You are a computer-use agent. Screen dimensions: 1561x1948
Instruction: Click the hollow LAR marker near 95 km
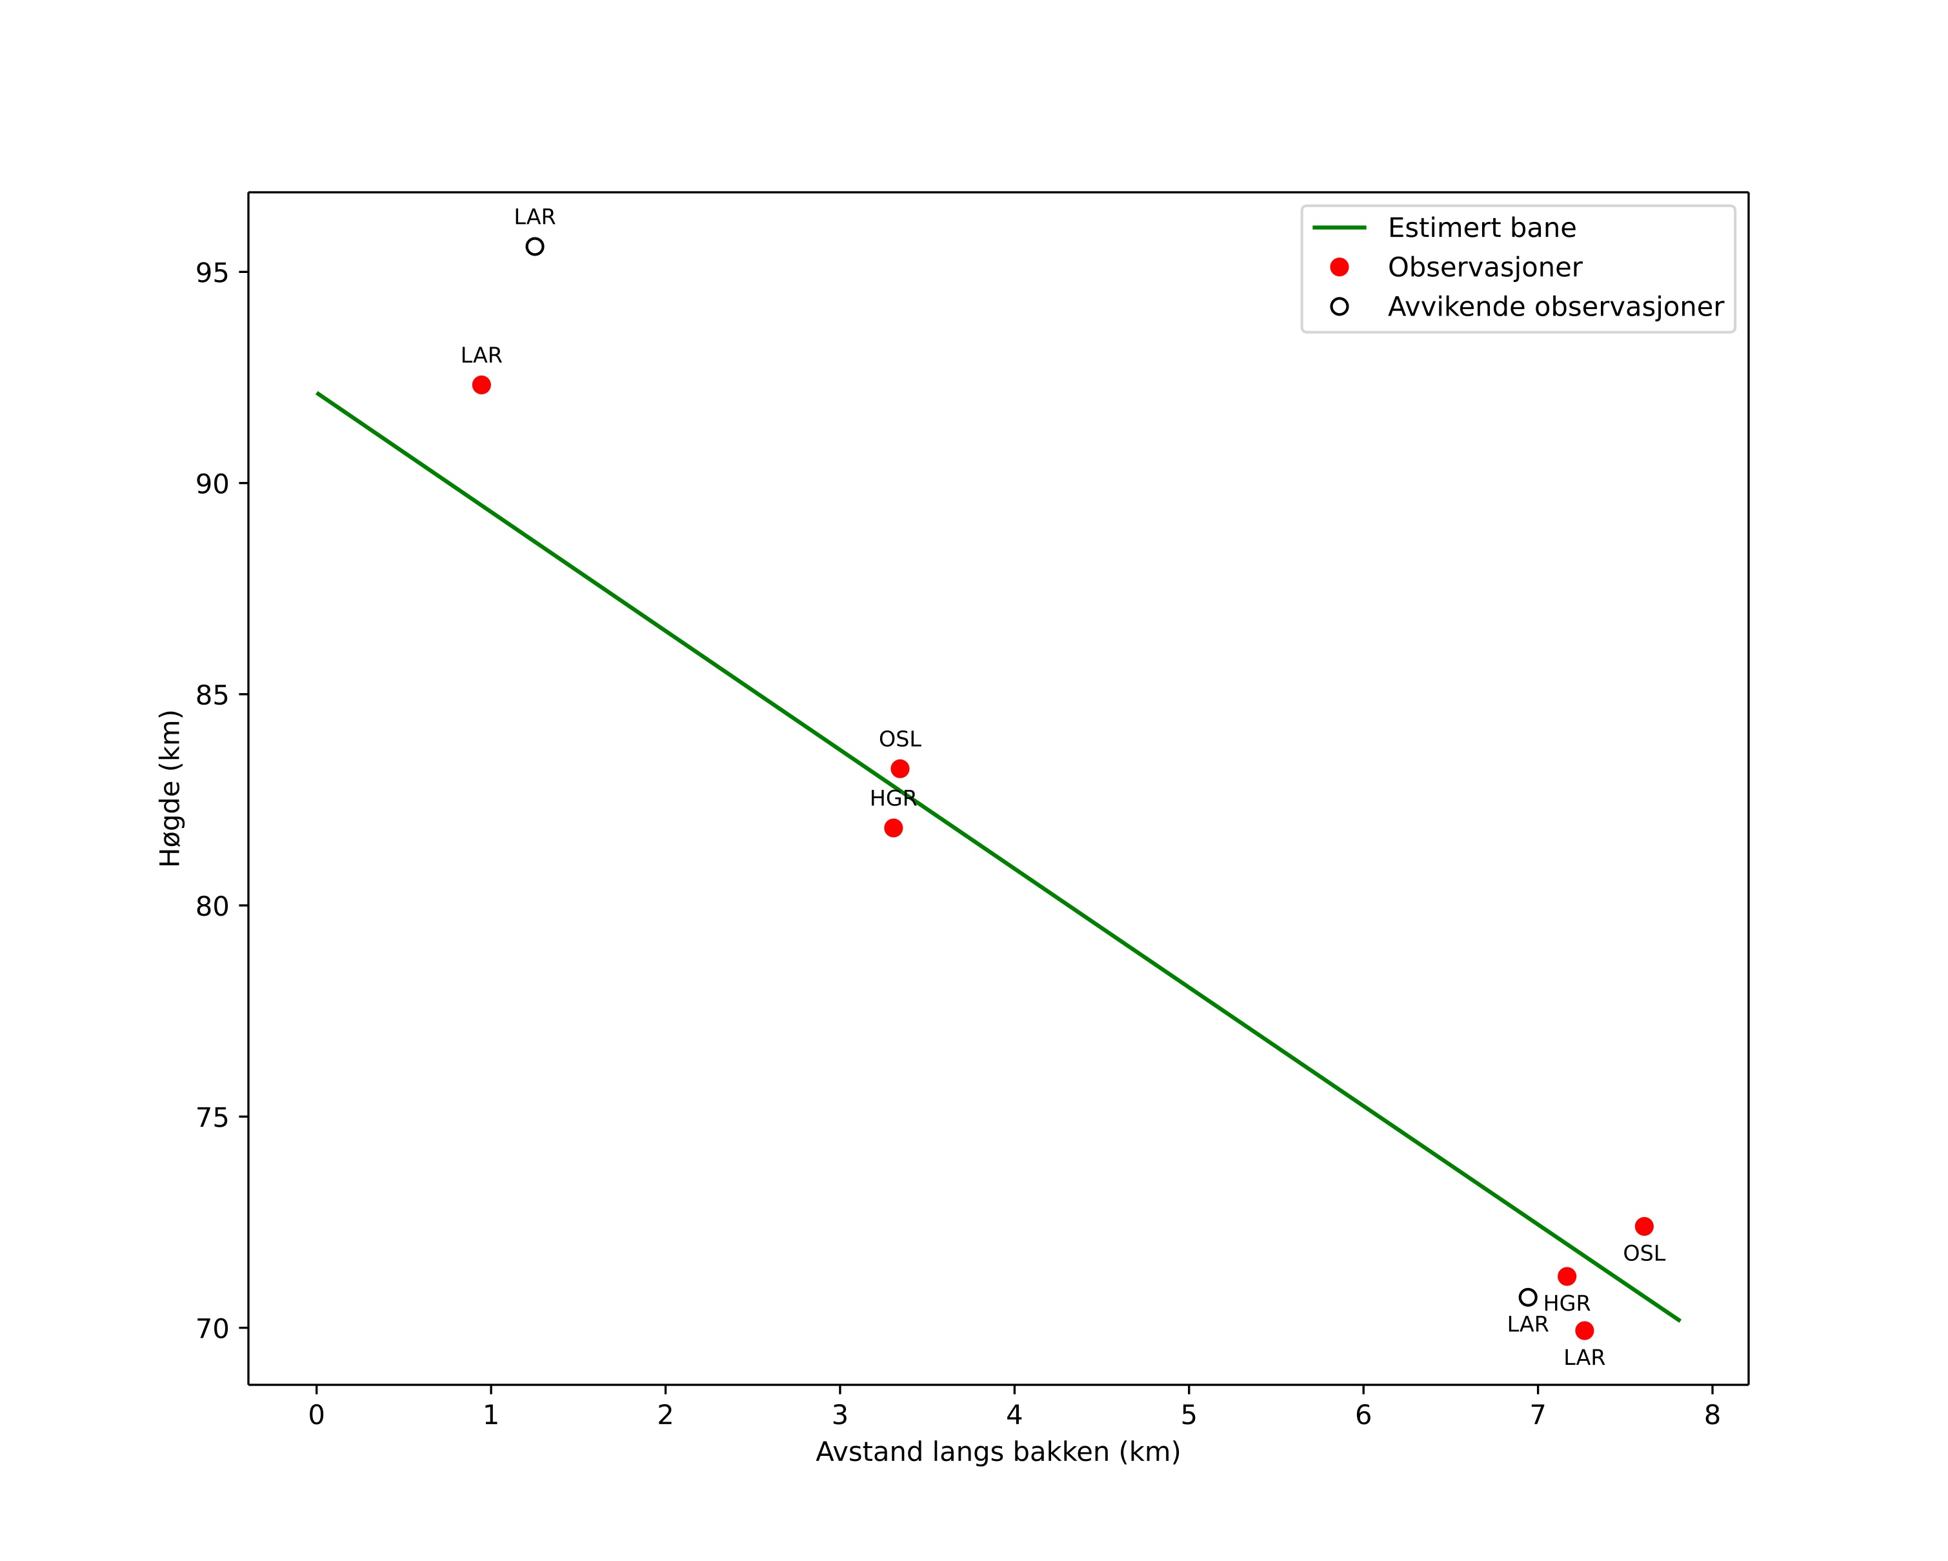click(x=535, y=247)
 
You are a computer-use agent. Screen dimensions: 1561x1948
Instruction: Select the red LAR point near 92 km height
click(x=481, y=385)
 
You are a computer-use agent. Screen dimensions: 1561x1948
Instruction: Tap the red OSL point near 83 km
click(x=900, y=769)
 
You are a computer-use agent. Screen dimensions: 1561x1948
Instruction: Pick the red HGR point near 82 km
click(x=894, y=827)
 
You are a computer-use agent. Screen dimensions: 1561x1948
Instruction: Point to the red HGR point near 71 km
click(x=1567, y=1276)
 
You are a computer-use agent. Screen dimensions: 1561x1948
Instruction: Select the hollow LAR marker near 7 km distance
click(x=1528, y=1297)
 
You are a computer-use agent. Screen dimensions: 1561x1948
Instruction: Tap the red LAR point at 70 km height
click(x=1584, y=1331)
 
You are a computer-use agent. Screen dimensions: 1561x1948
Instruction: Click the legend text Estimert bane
click(x=1481, y=228)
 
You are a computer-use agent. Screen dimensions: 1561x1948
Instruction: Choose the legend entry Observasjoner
click(x=1485, y=267)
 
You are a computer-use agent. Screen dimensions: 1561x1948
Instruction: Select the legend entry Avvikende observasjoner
click(x=1555, y=307)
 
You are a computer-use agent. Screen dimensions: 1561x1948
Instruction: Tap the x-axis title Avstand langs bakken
click(x=998, y=1452)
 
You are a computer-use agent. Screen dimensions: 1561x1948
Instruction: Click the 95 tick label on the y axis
click(x=212, y=273)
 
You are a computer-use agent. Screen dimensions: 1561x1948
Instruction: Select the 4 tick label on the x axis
click(x=1015, y=1416)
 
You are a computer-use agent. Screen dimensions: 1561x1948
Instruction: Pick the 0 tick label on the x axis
click(x=316, y=1416)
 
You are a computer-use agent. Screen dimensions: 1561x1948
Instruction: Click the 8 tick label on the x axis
click(x=1712, y=1416)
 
